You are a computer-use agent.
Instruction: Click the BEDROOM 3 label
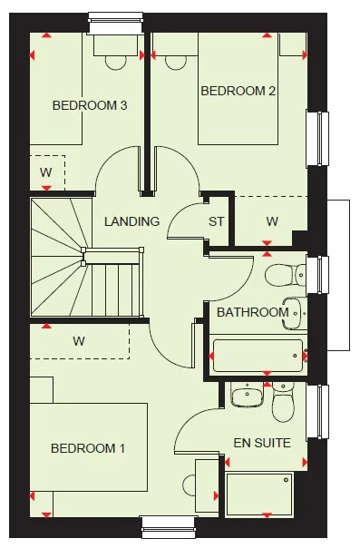click(89, 105)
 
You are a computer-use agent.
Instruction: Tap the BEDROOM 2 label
click(238, 91)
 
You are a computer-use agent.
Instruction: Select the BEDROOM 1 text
click(88, 448)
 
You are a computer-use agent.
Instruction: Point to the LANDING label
click(131, 221)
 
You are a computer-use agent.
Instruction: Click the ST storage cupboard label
click(216, 221)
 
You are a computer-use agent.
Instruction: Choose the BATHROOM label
click(252, 312)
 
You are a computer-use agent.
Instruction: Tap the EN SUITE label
click(262, 444)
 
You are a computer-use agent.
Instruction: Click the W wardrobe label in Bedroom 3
click(45, 172)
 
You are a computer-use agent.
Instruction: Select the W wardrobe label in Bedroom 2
click(272, 221)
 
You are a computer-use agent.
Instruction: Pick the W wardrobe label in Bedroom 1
click(79, 342)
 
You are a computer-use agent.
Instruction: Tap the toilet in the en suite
click(284, 406)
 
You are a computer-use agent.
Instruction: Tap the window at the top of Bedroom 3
click(115, 20)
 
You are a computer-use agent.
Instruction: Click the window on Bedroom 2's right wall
click(317, 138)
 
